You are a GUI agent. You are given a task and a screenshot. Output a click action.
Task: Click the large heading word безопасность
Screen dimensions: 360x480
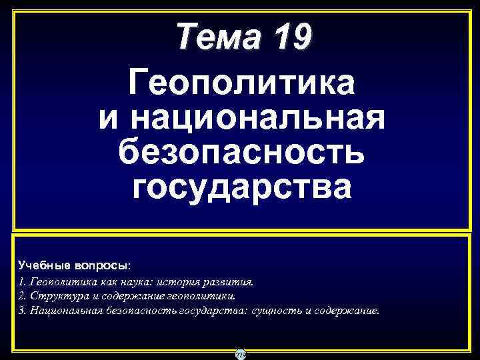[241, 153]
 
